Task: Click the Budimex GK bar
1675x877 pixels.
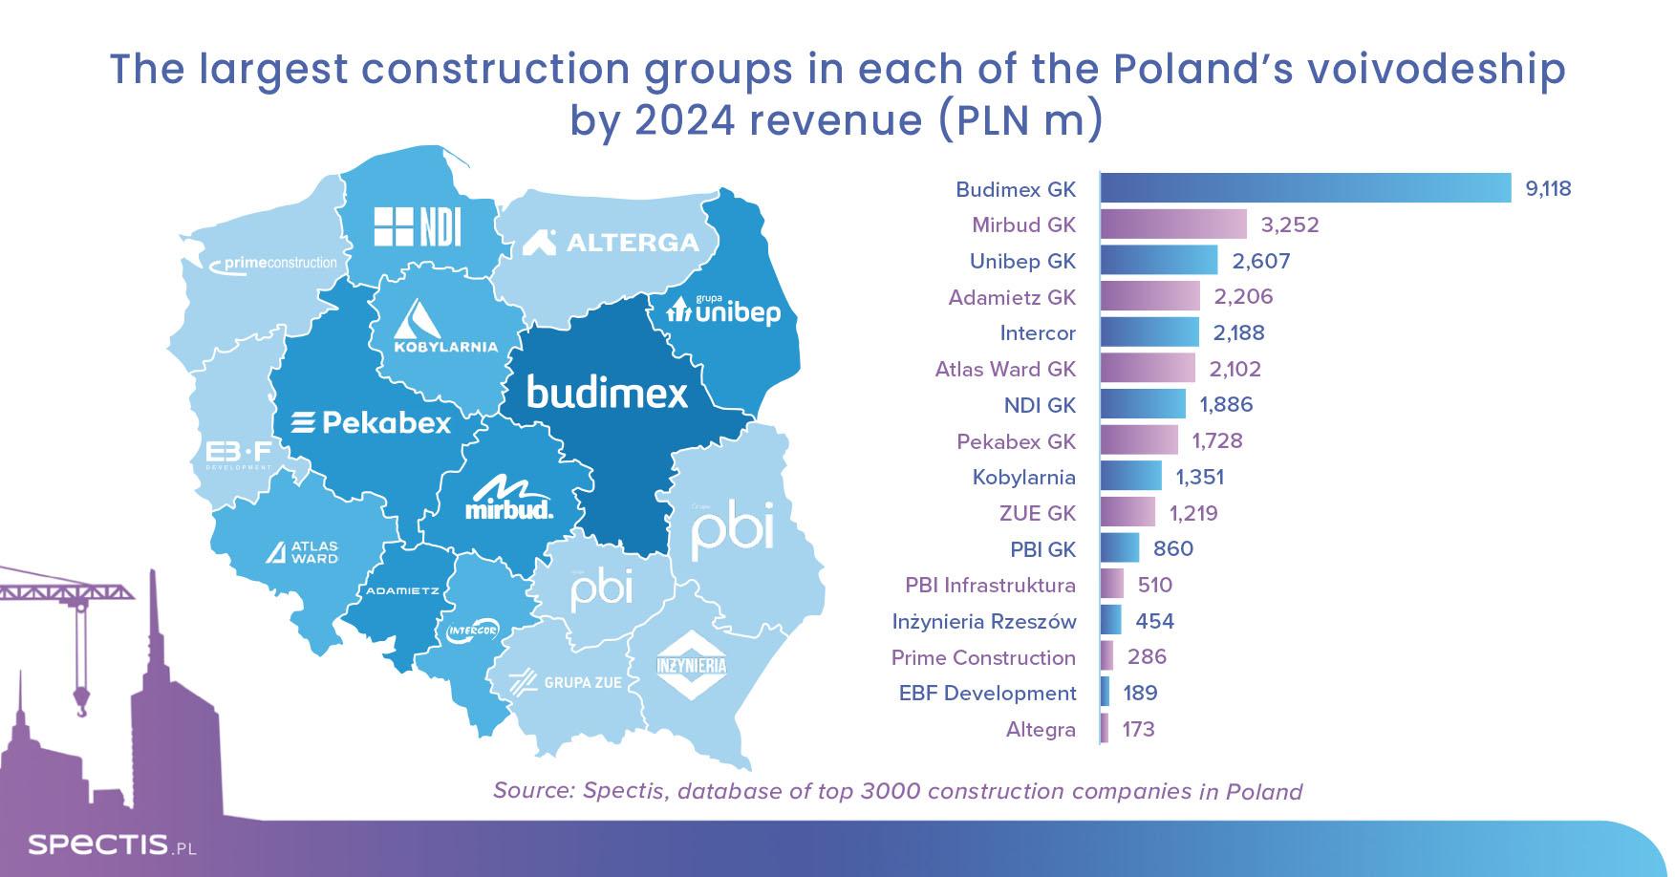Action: click(1305, 188)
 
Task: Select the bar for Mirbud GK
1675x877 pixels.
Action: click(1173, 225)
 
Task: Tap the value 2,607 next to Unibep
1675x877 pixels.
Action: click(1261, 261)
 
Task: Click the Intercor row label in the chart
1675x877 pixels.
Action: click(1038, 332)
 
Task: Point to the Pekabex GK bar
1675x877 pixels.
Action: click(1139, 440)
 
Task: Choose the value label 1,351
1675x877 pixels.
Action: click(1200, 477)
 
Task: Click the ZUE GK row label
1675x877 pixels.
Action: click(1038, 513)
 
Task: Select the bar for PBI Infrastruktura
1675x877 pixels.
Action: click(1112, 585)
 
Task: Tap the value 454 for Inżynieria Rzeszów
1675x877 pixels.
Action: click(1154, 621)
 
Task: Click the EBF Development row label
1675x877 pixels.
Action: click(987, 693)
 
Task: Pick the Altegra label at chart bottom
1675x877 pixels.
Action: click(1041, 729)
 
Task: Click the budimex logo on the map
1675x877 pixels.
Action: click(607, 393)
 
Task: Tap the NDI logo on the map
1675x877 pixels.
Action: click(418, 227)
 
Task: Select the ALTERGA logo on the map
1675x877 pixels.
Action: click(612, 243)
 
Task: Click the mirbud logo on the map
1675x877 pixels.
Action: click(509, 499)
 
